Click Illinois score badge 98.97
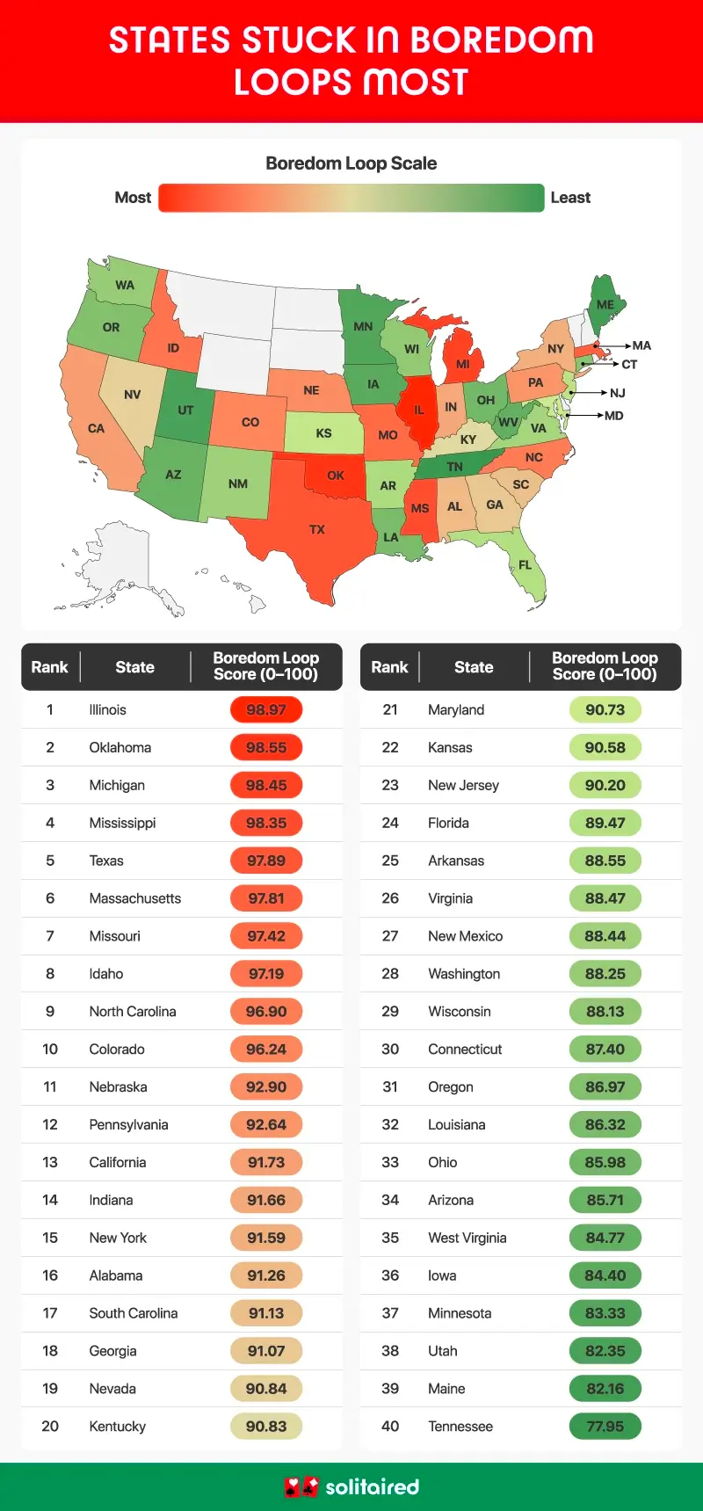point(266,709)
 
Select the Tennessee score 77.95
point(605,1426)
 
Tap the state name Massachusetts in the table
point(134,898)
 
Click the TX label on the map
point(317,529)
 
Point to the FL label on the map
point(525,565)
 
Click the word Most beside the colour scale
point(133,198)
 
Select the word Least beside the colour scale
point(570,198)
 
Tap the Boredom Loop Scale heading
point(351,163)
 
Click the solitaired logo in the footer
point(351,1486)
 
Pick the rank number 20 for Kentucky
point(50,1426)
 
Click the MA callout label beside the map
point(641,345)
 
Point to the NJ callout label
point(618,393)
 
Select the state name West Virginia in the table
point(467,1238)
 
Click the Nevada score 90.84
point(266,1388)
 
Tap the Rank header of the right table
point(389,667)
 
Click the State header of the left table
point(134,667)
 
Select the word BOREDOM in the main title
point(502,40)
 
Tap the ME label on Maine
point(605,305)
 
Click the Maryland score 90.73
point(605,709)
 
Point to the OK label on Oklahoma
point(336,476)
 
